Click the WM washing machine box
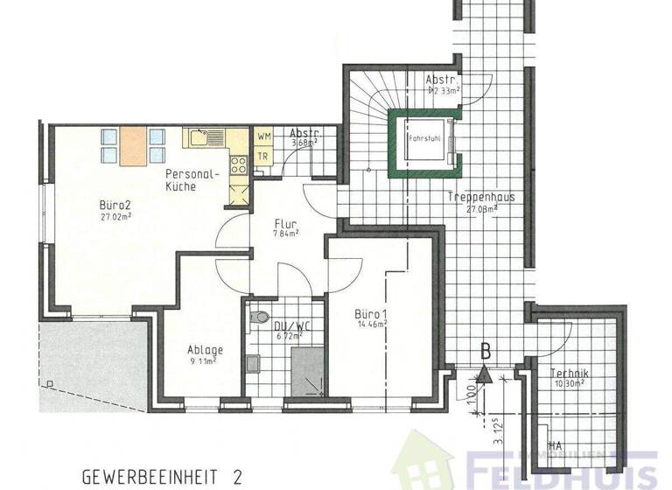tap(263, 137)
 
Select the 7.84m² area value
tap(285, 234)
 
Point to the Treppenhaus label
tap(479, 198)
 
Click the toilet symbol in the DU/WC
tap(255, 319)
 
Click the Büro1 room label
tap(371, 313)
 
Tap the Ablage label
tap(205, 350)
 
